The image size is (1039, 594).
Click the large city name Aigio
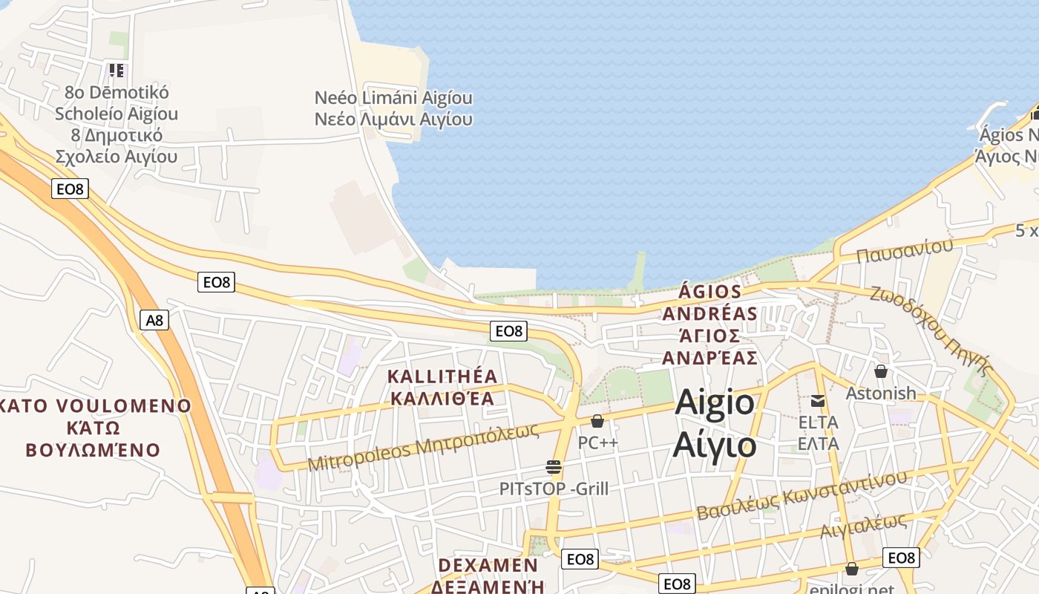[715, 403]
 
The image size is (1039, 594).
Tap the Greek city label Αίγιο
[715, 446]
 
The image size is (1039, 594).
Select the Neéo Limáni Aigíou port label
[393, 98]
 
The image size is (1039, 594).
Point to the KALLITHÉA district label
[442, 376]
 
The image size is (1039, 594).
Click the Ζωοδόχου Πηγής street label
[931, 330]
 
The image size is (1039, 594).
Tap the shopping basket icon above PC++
[597, 421]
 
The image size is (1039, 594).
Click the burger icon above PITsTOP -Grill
[554, 467]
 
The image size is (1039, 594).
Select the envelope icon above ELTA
[818, 401]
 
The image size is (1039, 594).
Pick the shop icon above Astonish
[881, 371]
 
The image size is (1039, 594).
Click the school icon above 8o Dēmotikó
[117, 71]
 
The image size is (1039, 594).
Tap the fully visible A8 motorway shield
[154, 320]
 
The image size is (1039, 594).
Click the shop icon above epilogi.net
[852, 569]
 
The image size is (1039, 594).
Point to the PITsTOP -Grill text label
[554, 489]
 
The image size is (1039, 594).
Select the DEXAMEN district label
[488, 565]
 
